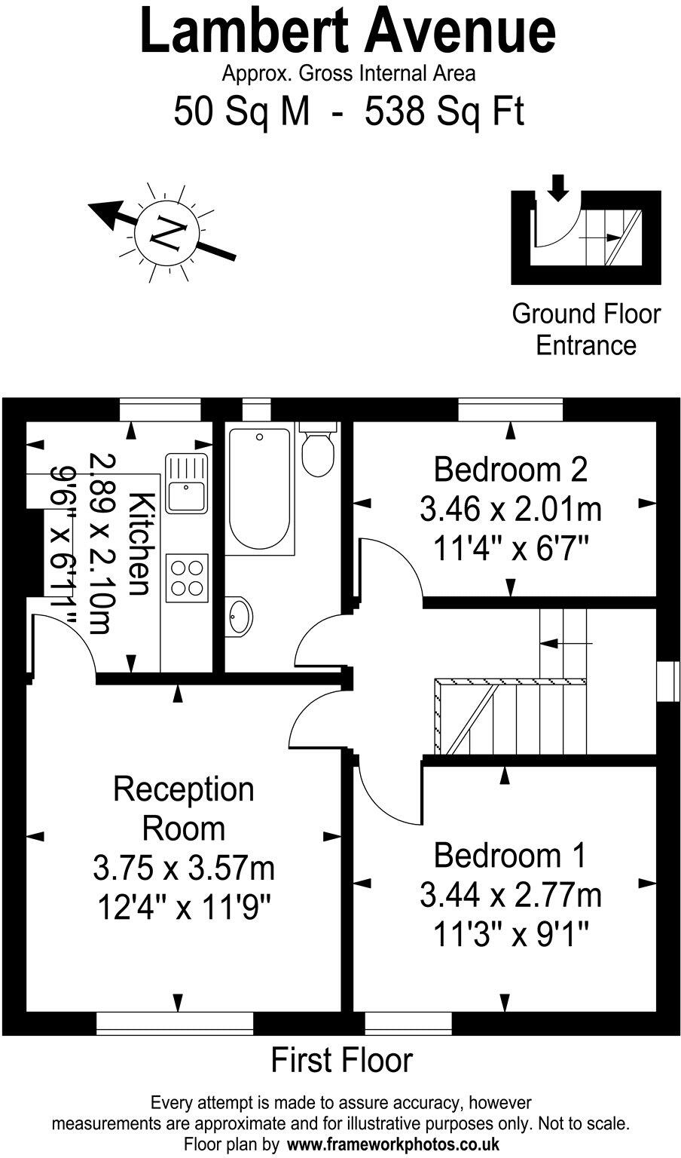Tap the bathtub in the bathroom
(x=258, y=489)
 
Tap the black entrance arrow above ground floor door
(x=557, y=187)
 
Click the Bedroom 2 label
(x=510, y=470)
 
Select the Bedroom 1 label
(x=510, y=856)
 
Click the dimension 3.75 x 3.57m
(x=183, y=868)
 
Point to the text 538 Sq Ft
(x=444, y=112)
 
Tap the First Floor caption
(x=341, y=1060)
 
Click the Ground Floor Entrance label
(x=585, y=329)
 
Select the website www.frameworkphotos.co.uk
(x=391, y=1144)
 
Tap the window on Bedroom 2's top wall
(x=511, y=410)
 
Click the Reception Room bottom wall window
(x=175, y=1022)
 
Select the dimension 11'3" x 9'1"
(x=510, y=936)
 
